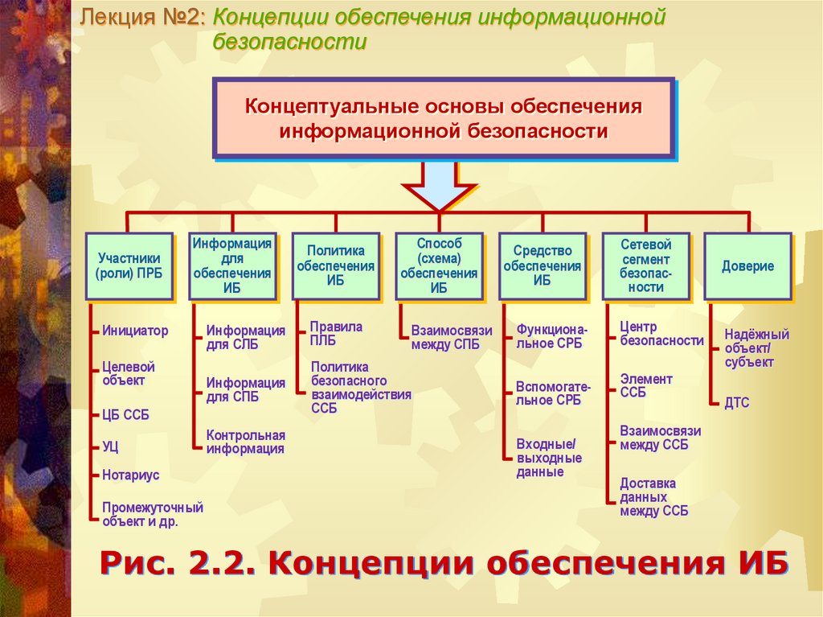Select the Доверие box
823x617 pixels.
(x=747, y=266)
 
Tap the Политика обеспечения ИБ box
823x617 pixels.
(x=335, y=266)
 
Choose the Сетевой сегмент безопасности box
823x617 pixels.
(x=645, y=266)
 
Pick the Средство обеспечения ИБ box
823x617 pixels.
(x=542, y=266)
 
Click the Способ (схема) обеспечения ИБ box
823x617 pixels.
(x=439, y=266)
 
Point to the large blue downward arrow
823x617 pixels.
(x=439, y=185)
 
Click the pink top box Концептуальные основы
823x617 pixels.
(x=443, y=118)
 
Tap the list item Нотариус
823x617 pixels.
(x=130, y=475)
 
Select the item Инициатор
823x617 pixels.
(x=135, y=330)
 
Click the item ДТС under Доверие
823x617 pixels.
(x=736, y=402)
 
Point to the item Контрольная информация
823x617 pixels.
(x=245, y=442)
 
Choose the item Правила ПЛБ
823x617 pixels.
(x=336, y=333)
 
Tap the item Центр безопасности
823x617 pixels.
(x=661, y=334)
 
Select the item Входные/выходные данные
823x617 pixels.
(x=549, y=459)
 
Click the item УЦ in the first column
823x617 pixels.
(x=111, y=446)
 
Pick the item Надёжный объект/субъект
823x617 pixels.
(x=756, y=348)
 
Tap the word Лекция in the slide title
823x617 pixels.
(x=117, y=17)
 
